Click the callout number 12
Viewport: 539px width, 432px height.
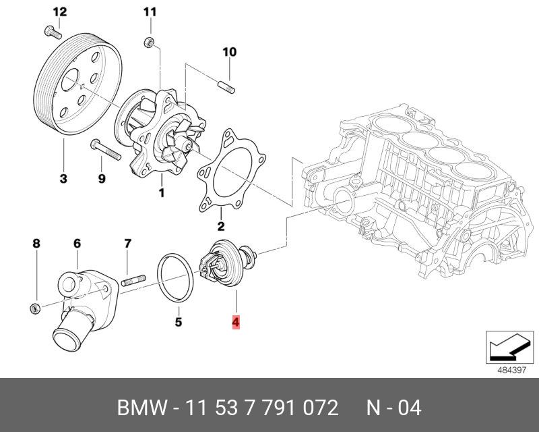pyautogui.click(x=59, y=11)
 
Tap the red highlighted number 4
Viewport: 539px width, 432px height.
pyautogui.click(x=235, y=322)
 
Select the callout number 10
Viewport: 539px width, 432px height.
pyautogui.click(x=229, y=52)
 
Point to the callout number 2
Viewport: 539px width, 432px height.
pyautogui.click(x=220, y=226)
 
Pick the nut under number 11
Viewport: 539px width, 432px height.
pyautogui.click(x=150, y=45)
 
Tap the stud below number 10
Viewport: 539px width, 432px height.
pyautogui.click(x=228, y=87)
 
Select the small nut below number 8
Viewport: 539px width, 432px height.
pyautogui.click(x=36, y=309)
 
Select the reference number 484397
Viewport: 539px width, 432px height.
pyautogui.click(x=512, y=370)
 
